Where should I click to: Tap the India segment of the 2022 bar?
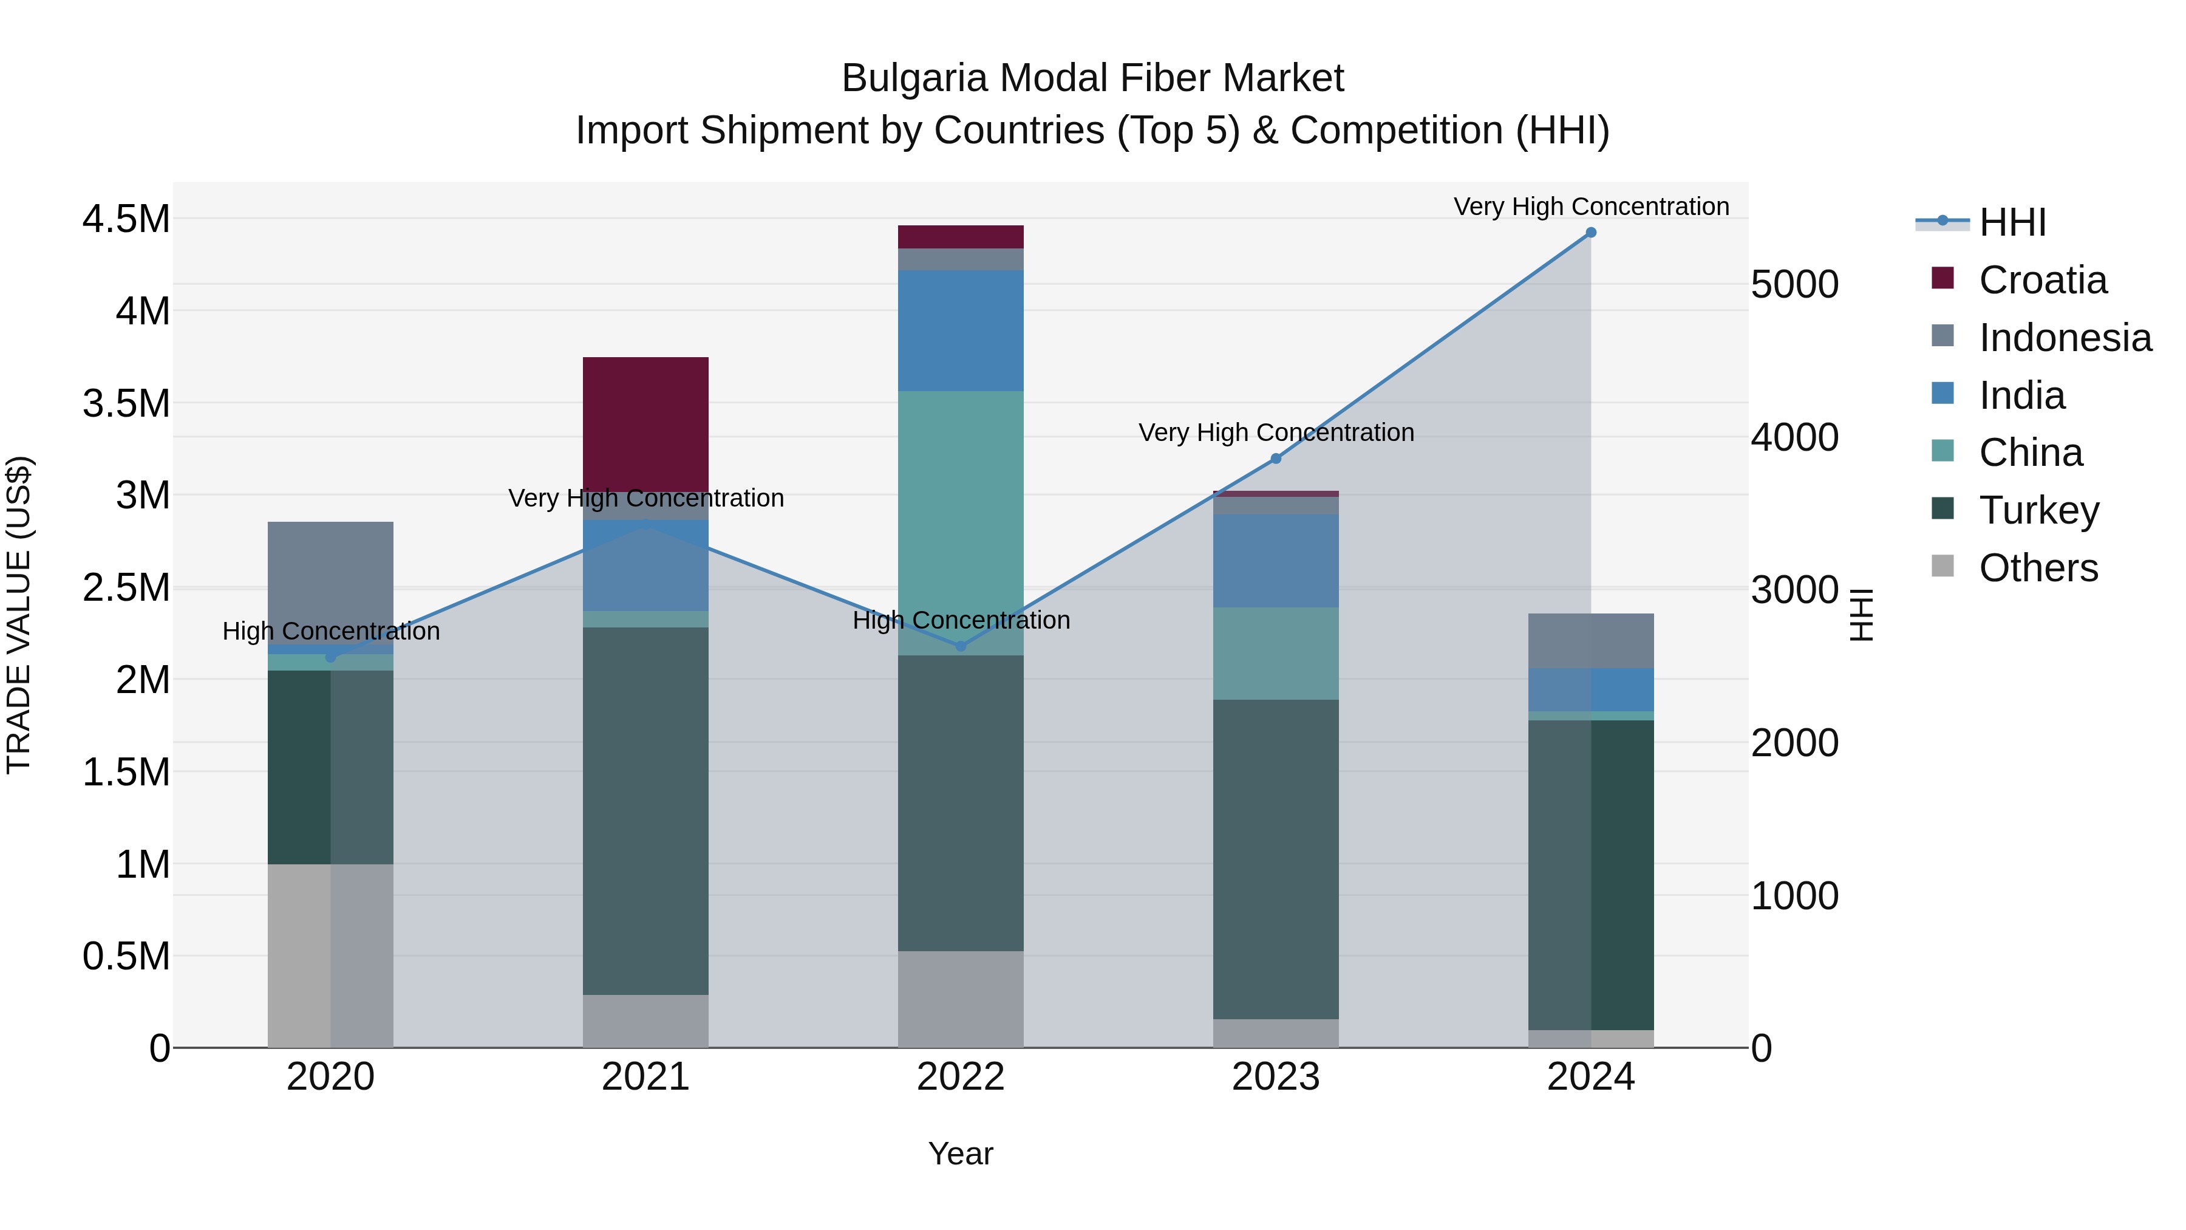[961, 330]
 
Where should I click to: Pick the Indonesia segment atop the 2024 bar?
[1590, 640]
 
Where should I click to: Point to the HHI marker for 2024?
[1590, 233]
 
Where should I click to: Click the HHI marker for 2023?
[1275, 459]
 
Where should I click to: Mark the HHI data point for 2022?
[961, 646]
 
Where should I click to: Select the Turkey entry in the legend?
[2038, 510]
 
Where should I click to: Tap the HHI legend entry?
[2012, 222]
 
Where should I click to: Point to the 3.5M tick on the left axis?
[126, 403]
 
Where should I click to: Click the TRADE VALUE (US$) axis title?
[19, 615]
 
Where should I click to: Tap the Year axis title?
[961, 1153]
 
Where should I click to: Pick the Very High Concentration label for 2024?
[1590, 207]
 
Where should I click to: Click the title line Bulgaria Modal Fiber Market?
[1092, 78]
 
